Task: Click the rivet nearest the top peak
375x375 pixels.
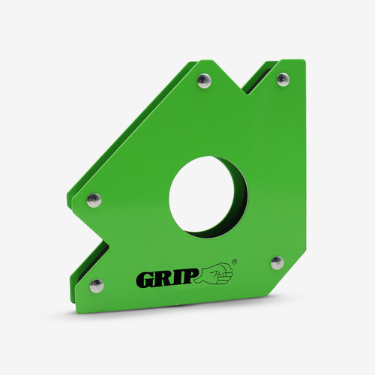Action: [204, 81]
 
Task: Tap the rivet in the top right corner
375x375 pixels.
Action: [283, 79]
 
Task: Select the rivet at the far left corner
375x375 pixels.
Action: [94, 200]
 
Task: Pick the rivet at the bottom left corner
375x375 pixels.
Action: [97, 286]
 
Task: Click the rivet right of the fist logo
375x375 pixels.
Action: [277, 262]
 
